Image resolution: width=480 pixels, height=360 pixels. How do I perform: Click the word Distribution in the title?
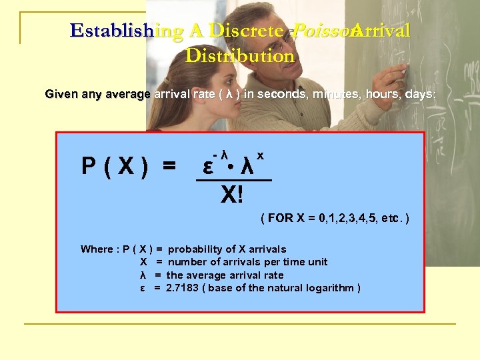pos(240,56)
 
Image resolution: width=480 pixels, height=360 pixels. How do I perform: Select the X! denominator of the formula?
pos(232,195)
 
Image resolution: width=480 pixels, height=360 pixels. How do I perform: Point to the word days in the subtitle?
pos(419,95)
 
